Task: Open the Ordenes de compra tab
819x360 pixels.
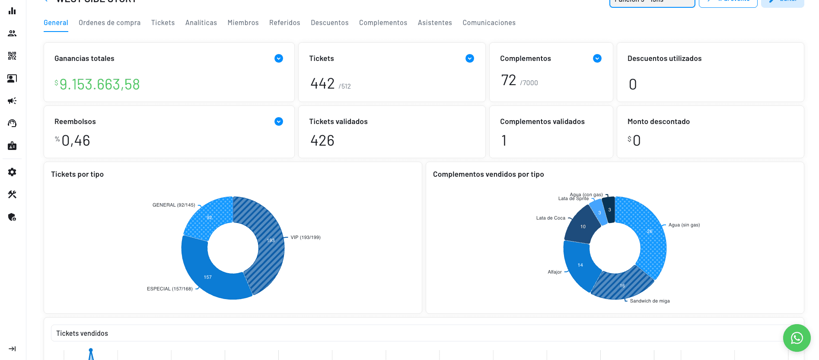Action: pyautogui.click(x=109, y=22)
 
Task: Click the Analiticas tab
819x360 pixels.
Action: pyautogui.click(x=201, y=22)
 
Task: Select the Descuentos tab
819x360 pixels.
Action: pyautogui.click(x=329, y=22)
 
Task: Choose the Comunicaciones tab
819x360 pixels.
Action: pyautogui.click(x=489, y=22)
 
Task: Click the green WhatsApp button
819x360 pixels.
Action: pyautogui.click(x=797, y=338)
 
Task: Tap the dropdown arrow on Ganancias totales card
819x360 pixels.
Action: pyautogui.click(x=279, y=58)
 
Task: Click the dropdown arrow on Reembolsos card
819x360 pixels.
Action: pyautogui.click(x=279, y=121)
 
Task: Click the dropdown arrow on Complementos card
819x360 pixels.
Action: pyautogui.click(x=597, y=58)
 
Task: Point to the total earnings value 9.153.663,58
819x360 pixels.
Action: pyautogui.click(x=99, y=84)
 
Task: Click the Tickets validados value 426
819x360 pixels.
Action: pyautogui.click(x=322, y=140)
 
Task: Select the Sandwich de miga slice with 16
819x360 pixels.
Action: pyautogui.click(x=622, y=285)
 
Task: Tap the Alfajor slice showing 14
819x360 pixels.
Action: pyautogui.click(x=580, y=264)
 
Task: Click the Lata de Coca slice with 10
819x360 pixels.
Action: pyautogui.click(x=583, y=226)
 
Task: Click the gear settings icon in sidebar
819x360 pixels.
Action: pyautogui.click(x=12, y=172)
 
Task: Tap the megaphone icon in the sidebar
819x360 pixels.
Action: pyautogui.click(x=12, y=101)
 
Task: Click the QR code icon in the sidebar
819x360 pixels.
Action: pyautogui.click(x=12, y=56)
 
